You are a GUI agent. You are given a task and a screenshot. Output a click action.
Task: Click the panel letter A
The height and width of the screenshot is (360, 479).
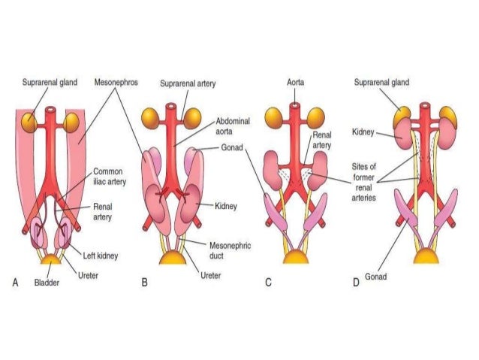coord(15,283)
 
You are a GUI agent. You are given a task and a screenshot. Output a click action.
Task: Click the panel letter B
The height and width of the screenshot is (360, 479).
coord(144,283)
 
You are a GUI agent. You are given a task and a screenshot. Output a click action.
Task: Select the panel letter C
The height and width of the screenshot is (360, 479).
coord(268,283)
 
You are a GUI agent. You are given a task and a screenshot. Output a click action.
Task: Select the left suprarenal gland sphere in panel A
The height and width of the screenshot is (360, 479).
coord(30,120)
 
